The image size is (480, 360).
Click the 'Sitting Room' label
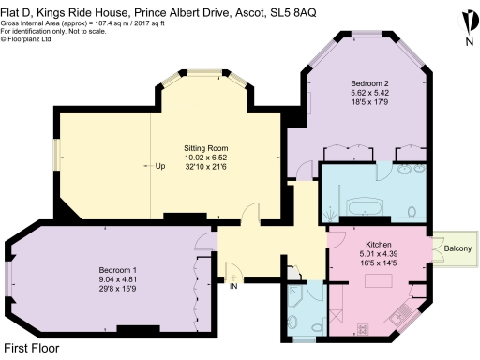point(204,148)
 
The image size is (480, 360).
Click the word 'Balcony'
point(458,248)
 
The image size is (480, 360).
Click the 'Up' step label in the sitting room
point(160,167)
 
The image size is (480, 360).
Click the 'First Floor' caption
point(32,348)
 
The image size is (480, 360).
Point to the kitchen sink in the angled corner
point(409,308)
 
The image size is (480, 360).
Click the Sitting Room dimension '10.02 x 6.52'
point(204,157)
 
